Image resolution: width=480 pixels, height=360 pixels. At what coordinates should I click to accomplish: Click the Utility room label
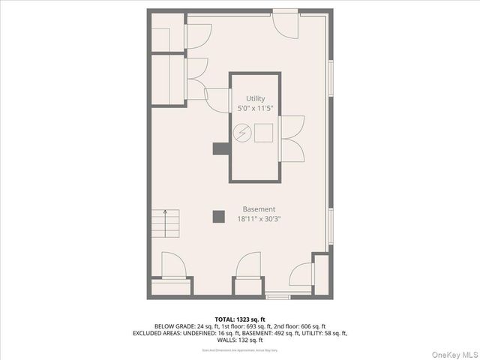[x=255, y=98]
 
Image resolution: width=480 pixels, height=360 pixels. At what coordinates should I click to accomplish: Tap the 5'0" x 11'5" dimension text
[x=255, y=109]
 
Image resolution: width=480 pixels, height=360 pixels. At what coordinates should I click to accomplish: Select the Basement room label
[x=259, y=209]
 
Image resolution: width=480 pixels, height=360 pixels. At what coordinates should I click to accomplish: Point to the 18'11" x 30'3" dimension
[x=259, y=219]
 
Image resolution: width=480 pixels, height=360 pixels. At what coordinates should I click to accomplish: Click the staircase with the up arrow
[x=166, y=223]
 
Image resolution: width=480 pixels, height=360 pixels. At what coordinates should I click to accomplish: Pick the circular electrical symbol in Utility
[x=241, y=134]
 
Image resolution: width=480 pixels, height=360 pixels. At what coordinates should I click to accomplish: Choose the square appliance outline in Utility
[x=263, y=133]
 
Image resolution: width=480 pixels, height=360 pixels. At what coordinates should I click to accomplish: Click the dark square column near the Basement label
[x=218, y=217]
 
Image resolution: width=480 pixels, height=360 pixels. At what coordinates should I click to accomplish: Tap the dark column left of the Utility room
[x=220, y=149]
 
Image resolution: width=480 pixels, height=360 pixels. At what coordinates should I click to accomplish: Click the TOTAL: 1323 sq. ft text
[x=239, y=319]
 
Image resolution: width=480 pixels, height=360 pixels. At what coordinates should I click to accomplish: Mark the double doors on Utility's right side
[x=293, y=138]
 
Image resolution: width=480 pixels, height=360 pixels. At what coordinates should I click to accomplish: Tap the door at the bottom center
[x=249, y=267]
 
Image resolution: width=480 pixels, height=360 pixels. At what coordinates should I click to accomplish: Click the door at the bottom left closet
[x=172, y=266]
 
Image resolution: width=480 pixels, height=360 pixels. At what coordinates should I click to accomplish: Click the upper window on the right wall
[x=331, y=79]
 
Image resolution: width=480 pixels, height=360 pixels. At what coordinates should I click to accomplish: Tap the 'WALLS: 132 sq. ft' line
[x=239, y=340]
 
